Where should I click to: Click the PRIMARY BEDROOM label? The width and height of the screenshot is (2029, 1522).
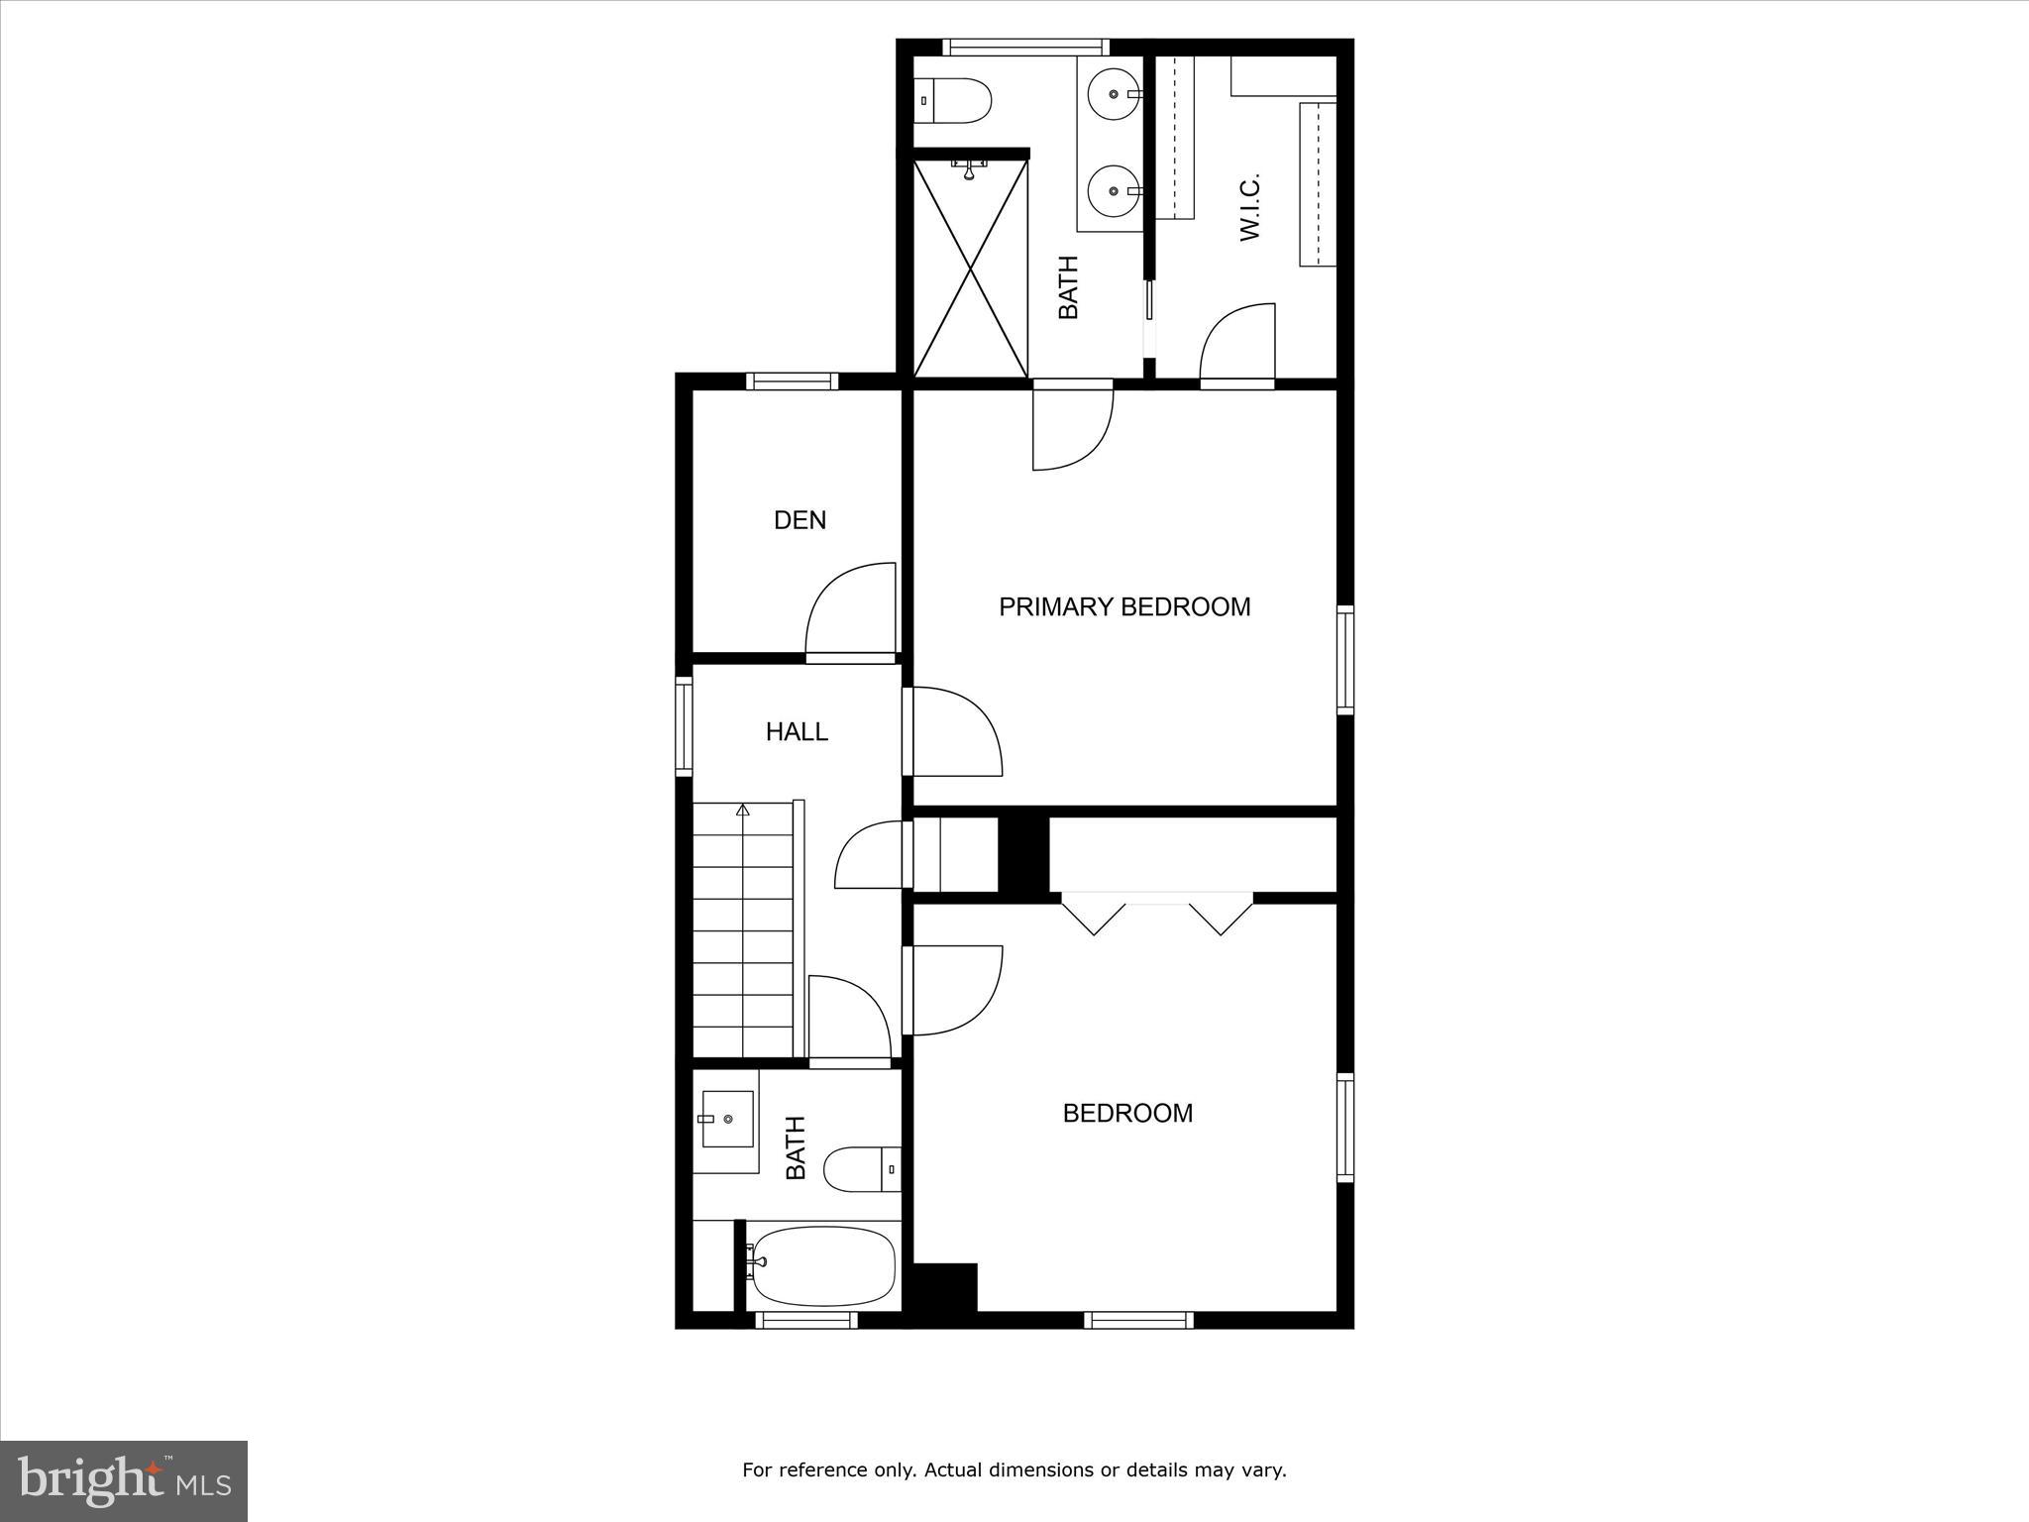(1123, 606)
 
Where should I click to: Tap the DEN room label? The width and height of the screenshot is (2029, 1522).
(800, 520)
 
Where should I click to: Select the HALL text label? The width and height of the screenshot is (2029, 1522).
(797, 732)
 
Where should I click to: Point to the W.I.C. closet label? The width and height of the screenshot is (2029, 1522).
(1249, 207)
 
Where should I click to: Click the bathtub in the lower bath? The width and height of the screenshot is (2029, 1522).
(823, 1267)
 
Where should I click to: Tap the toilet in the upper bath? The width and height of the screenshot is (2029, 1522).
(952, 100)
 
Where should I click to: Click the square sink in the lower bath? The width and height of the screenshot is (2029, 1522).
(727, 1119)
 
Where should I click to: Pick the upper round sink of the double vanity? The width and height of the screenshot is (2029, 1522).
(1115, 94)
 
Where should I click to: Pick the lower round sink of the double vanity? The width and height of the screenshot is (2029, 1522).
(1115, 190)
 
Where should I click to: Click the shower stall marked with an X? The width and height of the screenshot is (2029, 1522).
(970, 268)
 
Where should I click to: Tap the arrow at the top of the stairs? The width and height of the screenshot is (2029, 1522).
(742, 810)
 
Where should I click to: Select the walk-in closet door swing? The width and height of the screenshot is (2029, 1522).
(1236, 342)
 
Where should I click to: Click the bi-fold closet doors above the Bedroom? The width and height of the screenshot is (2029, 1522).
(1156, 915)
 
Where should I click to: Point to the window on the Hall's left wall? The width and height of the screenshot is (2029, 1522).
(684, 726)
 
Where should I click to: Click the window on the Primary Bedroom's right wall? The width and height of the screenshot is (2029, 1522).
(1345, 660)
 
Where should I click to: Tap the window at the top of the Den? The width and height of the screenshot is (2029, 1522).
(792, 381)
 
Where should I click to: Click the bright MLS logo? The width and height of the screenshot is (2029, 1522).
(124, 1481)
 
